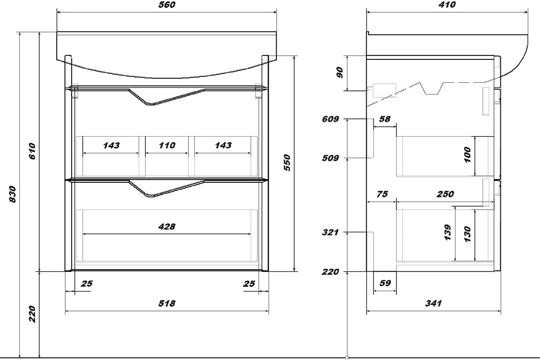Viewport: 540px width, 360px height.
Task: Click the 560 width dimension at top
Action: click(167, 5)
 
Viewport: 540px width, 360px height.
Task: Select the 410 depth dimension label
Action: click(447, 5)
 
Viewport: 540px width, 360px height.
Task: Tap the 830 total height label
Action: click(12, 194)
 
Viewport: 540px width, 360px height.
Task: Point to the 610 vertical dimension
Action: click(32, 151)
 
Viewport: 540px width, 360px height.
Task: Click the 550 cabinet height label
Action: click(287, 162)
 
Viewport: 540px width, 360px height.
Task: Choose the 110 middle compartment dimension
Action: click(167, 145)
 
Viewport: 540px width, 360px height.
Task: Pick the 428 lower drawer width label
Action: click(167, 227)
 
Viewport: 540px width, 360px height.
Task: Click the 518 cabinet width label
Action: click(167, 303)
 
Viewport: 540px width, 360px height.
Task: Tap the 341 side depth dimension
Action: click(433, 303)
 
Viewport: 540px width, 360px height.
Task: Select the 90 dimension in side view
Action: click(339, 72)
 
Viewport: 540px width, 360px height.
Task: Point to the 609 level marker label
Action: click(330, 119)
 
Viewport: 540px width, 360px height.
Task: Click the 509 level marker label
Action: click(330, 158)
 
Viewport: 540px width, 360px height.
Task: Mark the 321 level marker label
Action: click(330, 233)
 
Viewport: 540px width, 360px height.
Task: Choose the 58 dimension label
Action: click(384, 119)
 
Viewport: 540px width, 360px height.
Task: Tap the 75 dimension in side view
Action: click(382, 194)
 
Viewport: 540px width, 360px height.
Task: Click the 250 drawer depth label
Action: click(445, 194)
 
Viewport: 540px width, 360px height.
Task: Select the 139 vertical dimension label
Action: click(447, 233)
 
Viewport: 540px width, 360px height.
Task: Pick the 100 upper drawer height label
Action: click(467, 155)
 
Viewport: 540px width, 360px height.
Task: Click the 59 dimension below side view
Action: click(385, 283)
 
